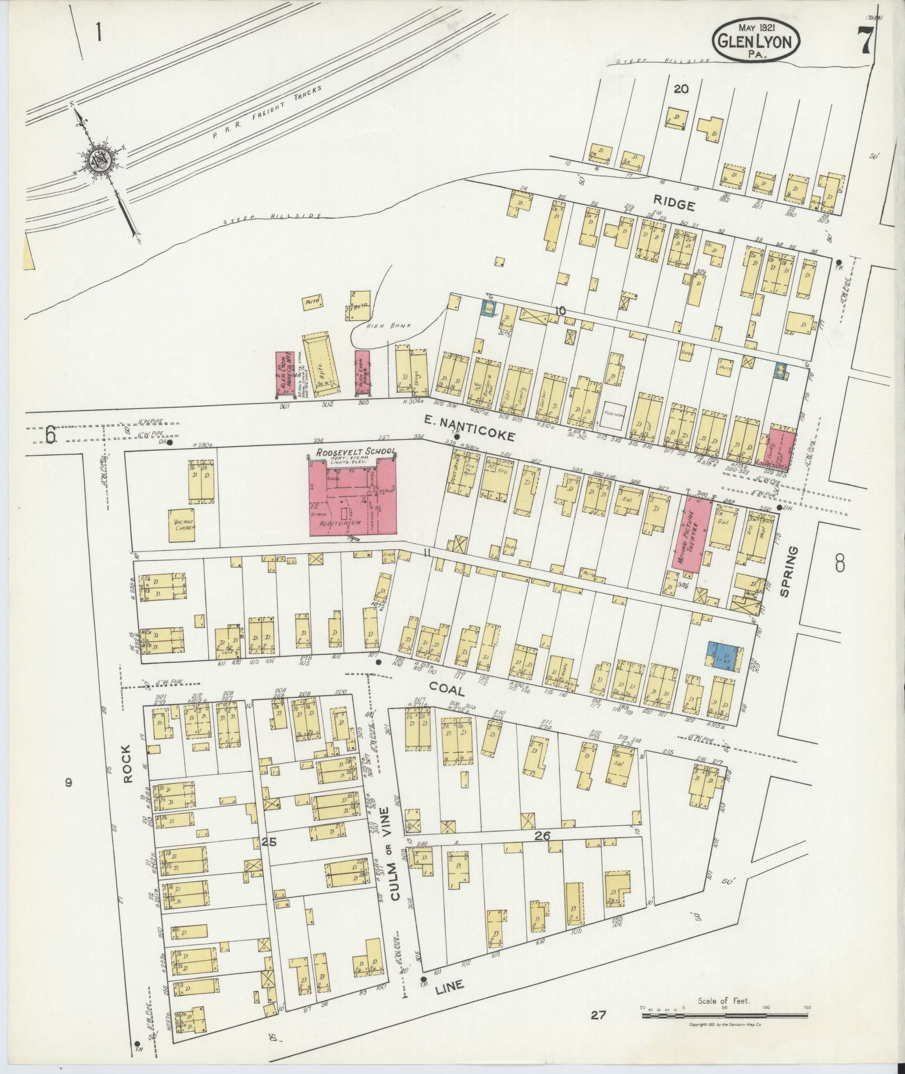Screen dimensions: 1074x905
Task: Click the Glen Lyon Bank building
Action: tap(362, 373)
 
